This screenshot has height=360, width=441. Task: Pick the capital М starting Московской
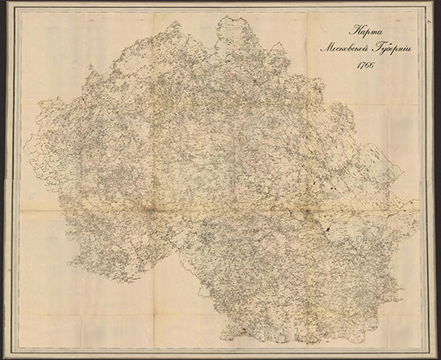point(323,48)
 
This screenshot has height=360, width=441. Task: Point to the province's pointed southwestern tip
point(72,266)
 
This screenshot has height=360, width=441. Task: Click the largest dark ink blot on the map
point(325,231)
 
